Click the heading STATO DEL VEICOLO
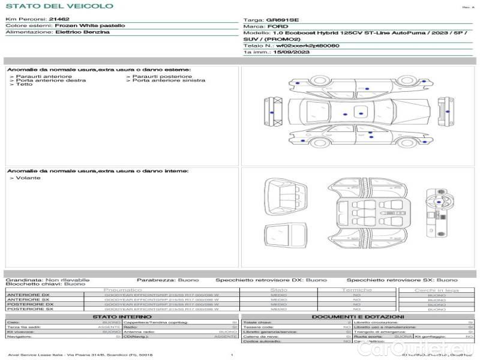(x=59, y=6)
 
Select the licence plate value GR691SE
(x=280, y=20)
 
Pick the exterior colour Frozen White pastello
(x=90, y=26)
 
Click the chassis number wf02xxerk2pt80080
(x=304, y=46)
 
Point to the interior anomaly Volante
(x=28, y=178)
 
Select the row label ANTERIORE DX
(x=28, y=295)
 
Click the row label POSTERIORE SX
(x=29, y=310)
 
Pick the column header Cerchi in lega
(x=436, y=290)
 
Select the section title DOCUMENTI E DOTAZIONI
(x=358, y=316)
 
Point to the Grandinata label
(x=23, y=280)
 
